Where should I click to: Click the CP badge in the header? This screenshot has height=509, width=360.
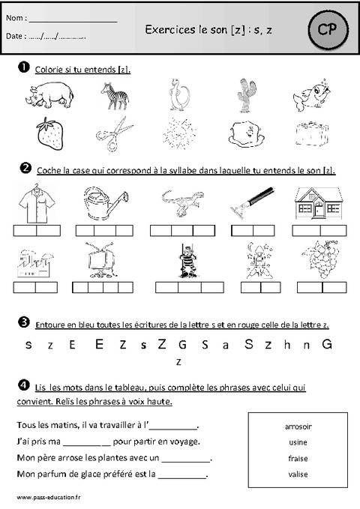coord(327,31)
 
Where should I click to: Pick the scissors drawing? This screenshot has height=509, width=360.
coord(114,135)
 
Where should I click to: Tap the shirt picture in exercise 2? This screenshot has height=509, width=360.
coord(35,203)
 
